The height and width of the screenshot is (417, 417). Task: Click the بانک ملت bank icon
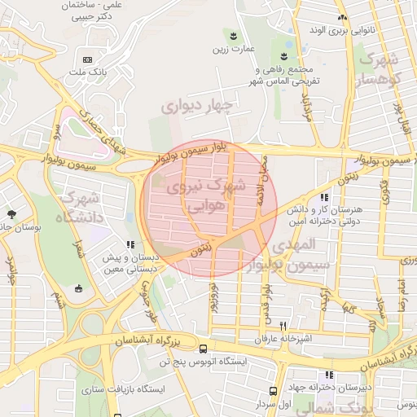(x=87, y=60)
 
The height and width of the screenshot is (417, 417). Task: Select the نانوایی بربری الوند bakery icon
(x=343, y=18)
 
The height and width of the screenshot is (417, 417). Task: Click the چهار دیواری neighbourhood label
(x=196, y=105)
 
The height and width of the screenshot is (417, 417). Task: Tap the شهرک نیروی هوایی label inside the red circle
(x=208, y=197)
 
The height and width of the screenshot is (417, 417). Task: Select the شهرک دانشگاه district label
(x=78, y=208)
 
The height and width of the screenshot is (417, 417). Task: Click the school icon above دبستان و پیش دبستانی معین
(x=129, y=244)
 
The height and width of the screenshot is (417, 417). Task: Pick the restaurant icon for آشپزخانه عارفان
(x=283, y=324)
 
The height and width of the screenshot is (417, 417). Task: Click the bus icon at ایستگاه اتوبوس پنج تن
(x=203, y=349)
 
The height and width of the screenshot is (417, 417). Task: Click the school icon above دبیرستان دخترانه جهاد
(x=330, y=375)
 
